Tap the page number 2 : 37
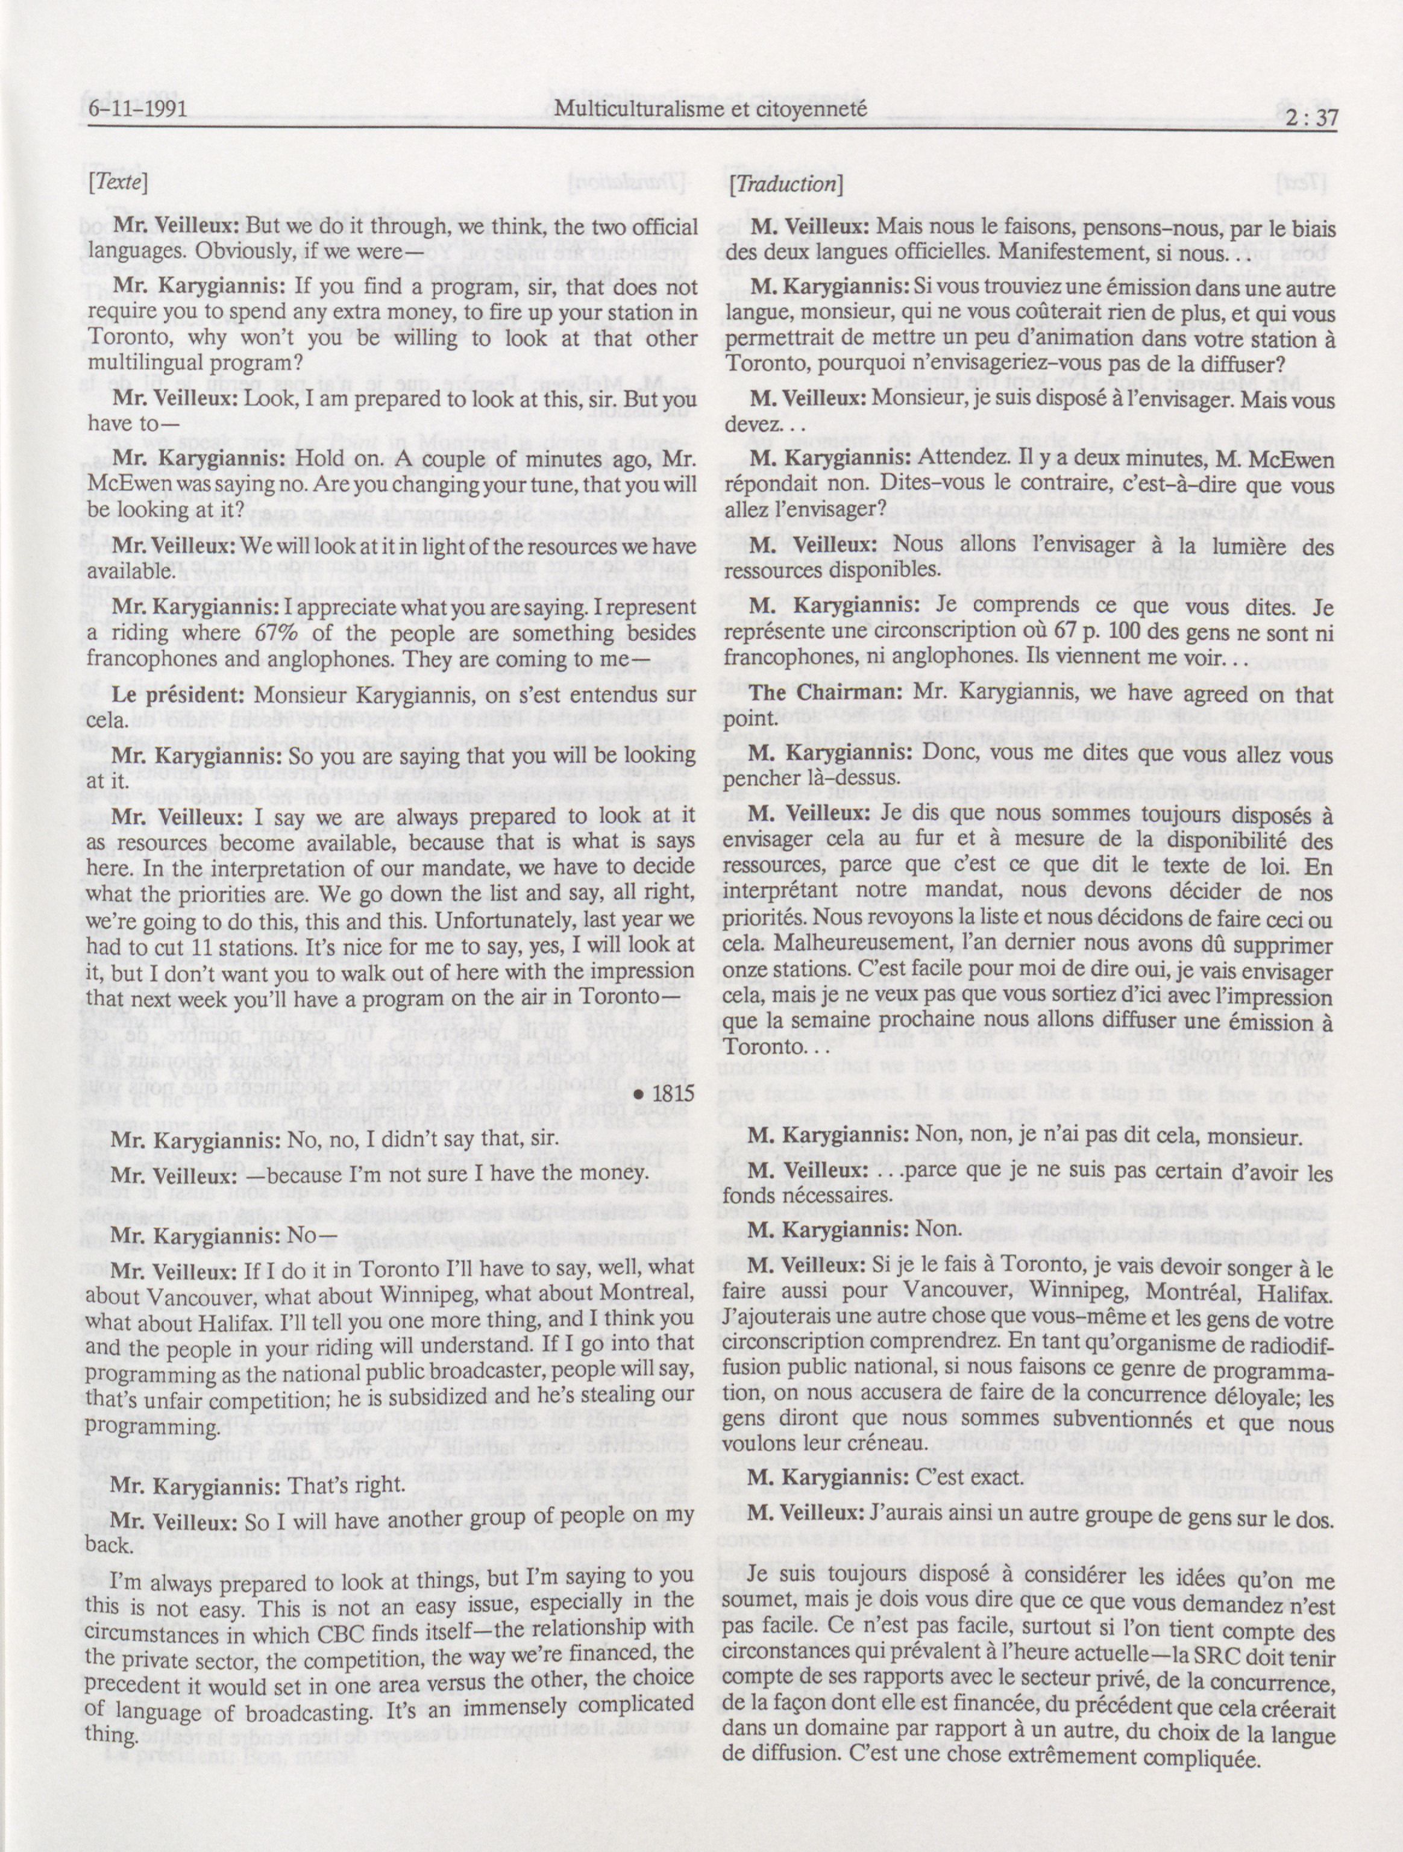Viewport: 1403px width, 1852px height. [x=1304, y=118]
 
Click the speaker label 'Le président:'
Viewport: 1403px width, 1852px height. [x=177, y=695]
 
